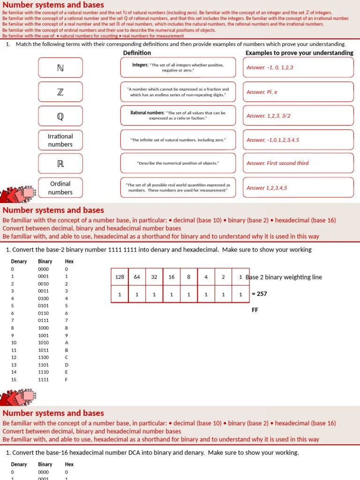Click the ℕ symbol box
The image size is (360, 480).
pyautogui.click(x=60, y=68)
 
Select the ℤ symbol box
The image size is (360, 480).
pyautogui.click(x=60, y=92)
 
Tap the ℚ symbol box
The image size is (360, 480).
pyautogui.click(x=60, y=116)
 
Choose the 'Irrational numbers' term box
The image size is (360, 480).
pyautogui.click(x=60, y=140)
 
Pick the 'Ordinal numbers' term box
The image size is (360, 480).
pyautogui.click(x=60, y=188)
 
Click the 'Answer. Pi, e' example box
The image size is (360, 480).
pyautogui.click(x=298, y=92)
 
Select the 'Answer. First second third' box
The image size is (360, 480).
pyautogui.click(x=298, y=163)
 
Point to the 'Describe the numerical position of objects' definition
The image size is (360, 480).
pyautogui.click(x=178, y=163)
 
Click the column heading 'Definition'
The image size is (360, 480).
pyautogui.click(x=137, y=53)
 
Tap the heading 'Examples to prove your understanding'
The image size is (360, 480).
pyautogui.click(x=299, y=53)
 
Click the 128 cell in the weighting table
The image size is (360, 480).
pyautogui.click(x=120, y=277)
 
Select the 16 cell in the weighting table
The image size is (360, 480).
pyautogui.click(x=172, y=277)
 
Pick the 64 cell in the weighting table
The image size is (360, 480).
pyautogui.click(x=137, y=277)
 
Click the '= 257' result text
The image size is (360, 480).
pyautogui.click(x=259, y=294)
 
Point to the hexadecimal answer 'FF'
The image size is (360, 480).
pyautogui.click(x=255, y=310)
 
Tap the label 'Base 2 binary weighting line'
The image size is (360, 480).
pyautogui.click(x=284, y=277)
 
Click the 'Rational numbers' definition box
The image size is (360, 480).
pyautogui.click(x=178, y=116)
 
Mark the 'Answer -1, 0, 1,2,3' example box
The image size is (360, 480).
pyautogui.click(x=298, y=67)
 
